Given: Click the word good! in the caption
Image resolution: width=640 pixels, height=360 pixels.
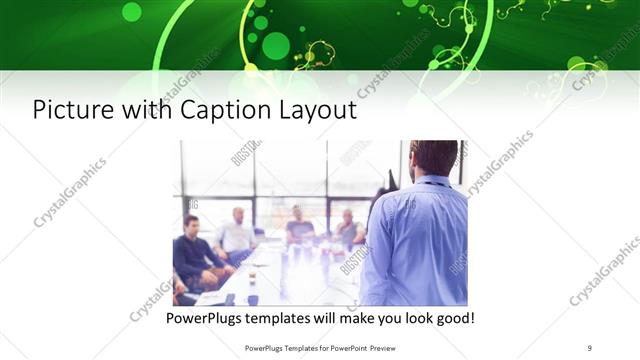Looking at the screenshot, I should tap(453, 319).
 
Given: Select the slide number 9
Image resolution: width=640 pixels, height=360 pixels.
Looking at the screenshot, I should tap(590, 348).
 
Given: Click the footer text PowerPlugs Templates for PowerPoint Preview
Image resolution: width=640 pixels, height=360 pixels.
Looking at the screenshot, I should tap(318, 348).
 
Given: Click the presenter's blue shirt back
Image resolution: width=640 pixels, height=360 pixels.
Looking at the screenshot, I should tap(420, 240).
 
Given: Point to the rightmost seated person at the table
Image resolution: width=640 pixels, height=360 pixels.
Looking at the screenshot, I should tap(348, 230).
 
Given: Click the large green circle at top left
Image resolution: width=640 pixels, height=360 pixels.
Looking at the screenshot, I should tap(131, 12).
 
